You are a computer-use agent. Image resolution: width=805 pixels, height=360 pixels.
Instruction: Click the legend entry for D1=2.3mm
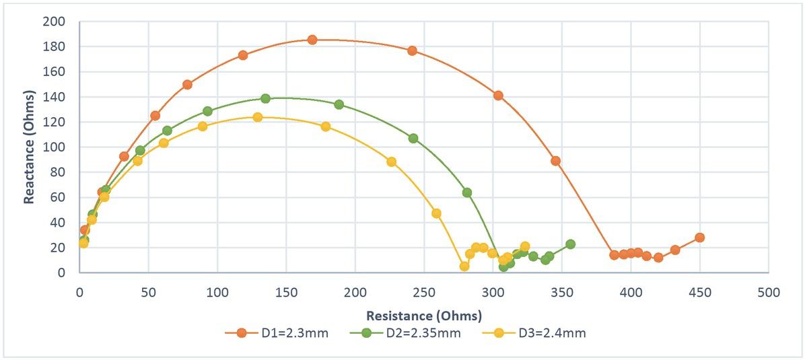pyautogui.click(x=282, y=333)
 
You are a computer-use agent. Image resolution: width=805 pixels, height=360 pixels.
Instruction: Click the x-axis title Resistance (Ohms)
pyautogui.click(x=424, y=316)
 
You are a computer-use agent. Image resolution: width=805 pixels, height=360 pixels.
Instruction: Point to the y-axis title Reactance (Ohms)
pyautogui.click(x=30, y=147)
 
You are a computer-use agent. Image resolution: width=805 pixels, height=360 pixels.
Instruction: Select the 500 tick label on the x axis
pyautogui.click(x=769, y=293)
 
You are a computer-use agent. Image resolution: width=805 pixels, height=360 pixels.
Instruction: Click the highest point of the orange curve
pyautogui.click(x=312, y=40)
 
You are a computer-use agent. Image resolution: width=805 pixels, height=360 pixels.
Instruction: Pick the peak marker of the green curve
pyautogui.click(x=265, y=98)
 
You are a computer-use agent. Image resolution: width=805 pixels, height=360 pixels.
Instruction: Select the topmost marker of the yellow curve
pyautogui.click(x=257, y=117)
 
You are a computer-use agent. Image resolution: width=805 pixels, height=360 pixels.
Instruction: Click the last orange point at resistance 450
pyautogui.click(x=699, y=238)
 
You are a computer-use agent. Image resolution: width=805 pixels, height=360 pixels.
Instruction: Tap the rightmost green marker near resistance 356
pyautogui.click(x=570, y=244)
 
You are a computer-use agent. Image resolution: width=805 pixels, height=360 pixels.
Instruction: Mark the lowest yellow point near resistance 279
pyautogui.click(x=464, y=266)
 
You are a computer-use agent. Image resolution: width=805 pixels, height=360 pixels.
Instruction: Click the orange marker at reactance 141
pyautogui.click(x=498, y=96)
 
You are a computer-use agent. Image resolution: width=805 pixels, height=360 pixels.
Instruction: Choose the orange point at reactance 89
pyautogui.click(x=555, y=161)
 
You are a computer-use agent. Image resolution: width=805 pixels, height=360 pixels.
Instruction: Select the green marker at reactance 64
pyautogui.click(x=466, y=192)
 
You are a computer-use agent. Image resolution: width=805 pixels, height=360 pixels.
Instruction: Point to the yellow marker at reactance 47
pyautogui.click(x=436, y=213)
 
